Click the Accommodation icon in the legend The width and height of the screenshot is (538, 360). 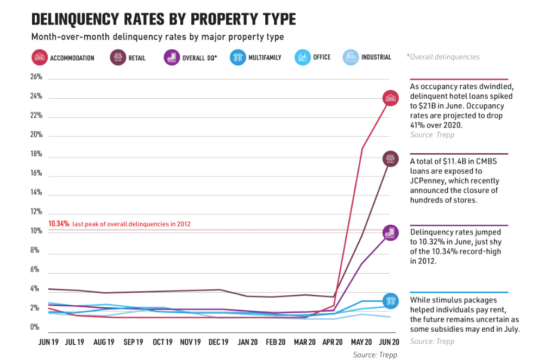[x=40, y=57]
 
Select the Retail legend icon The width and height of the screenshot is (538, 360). [x=118, y=57]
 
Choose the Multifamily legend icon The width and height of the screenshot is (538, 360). [x=237, y=57]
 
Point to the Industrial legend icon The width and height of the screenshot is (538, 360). [x=351, y=57]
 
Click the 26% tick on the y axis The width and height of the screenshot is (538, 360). [x=36, y=77]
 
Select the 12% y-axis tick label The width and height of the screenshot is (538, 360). [x=36, y=212]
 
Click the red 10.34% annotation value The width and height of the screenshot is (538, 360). [x=59, y=224]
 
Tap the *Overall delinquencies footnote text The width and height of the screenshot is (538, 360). [x=443, y=57]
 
